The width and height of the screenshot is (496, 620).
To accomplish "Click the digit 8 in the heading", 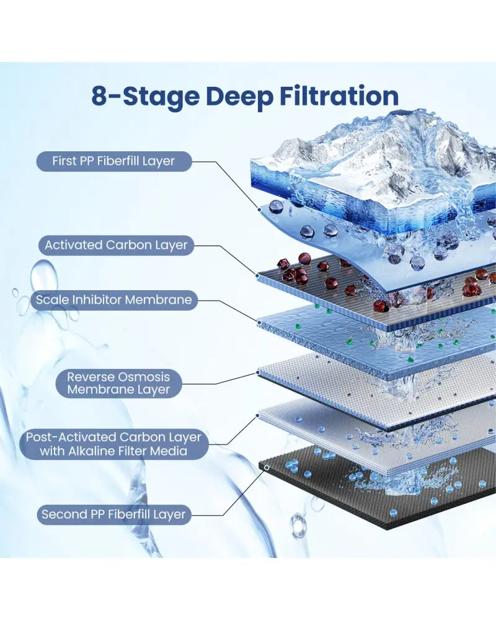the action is [x=100, y=96].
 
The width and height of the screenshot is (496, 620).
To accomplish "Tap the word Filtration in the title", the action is [x=339, y=96].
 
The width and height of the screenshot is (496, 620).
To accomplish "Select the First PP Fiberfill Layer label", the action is [x=114, y=161].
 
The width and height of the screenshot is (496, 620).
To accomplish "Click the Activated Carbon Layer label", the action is [x=116, y=245].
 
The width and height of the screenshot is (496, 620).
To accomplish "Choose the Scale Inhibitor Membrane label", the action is [x=114, y=299].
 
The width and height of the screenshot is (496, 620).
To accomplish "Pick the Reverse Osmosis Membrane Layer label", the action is [x=118, y=383].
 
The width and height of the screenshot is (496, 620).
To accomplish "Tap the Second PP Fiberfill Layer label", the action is [x=114, y=515].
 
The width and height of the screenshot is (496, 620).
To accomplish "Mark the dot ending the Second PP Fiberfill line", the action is [x=267, y=467].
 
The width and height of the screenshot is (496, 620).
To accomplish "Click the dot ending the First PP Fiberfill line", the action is [x=260, y=210].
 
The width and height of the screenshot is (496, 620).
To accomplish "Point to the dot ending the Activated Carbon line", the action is [x=257, y=276].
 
